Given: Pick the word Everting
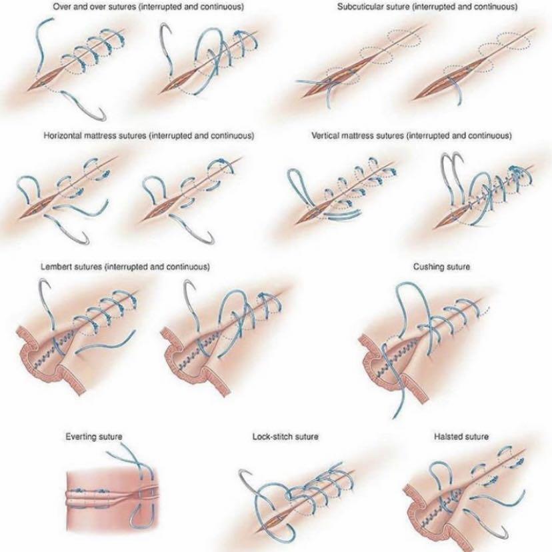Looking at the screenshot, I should pyautogui.click(x=80, y=437).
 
